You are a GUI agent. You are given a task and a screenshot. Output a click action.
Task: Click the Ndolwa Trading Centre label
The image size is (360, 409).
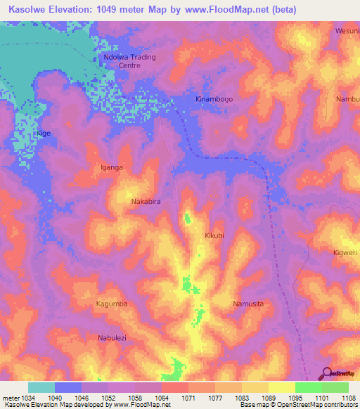coord(129,61)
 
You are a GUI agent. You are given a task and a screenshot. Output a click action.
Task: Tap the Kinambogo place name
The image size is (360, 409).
coord(214,100)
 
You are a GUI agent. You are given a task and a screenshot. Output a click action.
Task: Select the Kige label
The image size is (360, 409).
coord(44,133)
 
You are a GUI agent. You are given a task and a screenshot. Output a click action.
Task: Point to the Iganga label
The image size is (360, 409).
coord(112,168)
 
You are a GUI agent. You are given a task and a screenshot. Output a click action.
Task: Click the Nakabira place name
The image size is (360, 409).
coord(146,202)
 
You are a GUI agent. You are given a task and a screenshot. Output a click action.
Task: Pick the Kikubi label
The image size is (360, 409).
coord(214,236)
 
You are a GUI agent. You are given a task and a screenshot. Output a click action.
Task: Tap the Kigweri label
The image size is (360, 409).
coord(345,252)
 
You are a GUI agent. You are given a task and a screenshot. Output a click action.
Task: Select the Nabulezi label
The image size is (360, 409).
coord(112,338)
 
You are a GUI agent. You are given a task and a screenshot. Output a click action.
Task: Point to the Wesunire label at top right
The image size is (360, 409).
coord(347,32)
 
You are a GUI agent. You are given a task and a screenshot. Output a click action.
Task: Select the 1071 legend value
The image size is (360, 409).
coord(188,398)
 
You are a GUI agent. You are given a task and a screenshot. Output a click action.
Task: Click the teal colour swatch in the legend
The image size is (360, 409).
coord(41,387)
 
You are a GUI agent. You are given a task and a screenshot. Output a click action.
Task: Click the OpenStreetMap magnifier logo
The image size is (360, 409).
coord(326,373)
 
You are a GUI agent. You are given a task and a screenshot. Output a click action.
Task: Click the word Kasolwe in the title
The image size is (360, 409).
coord(27,9)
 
